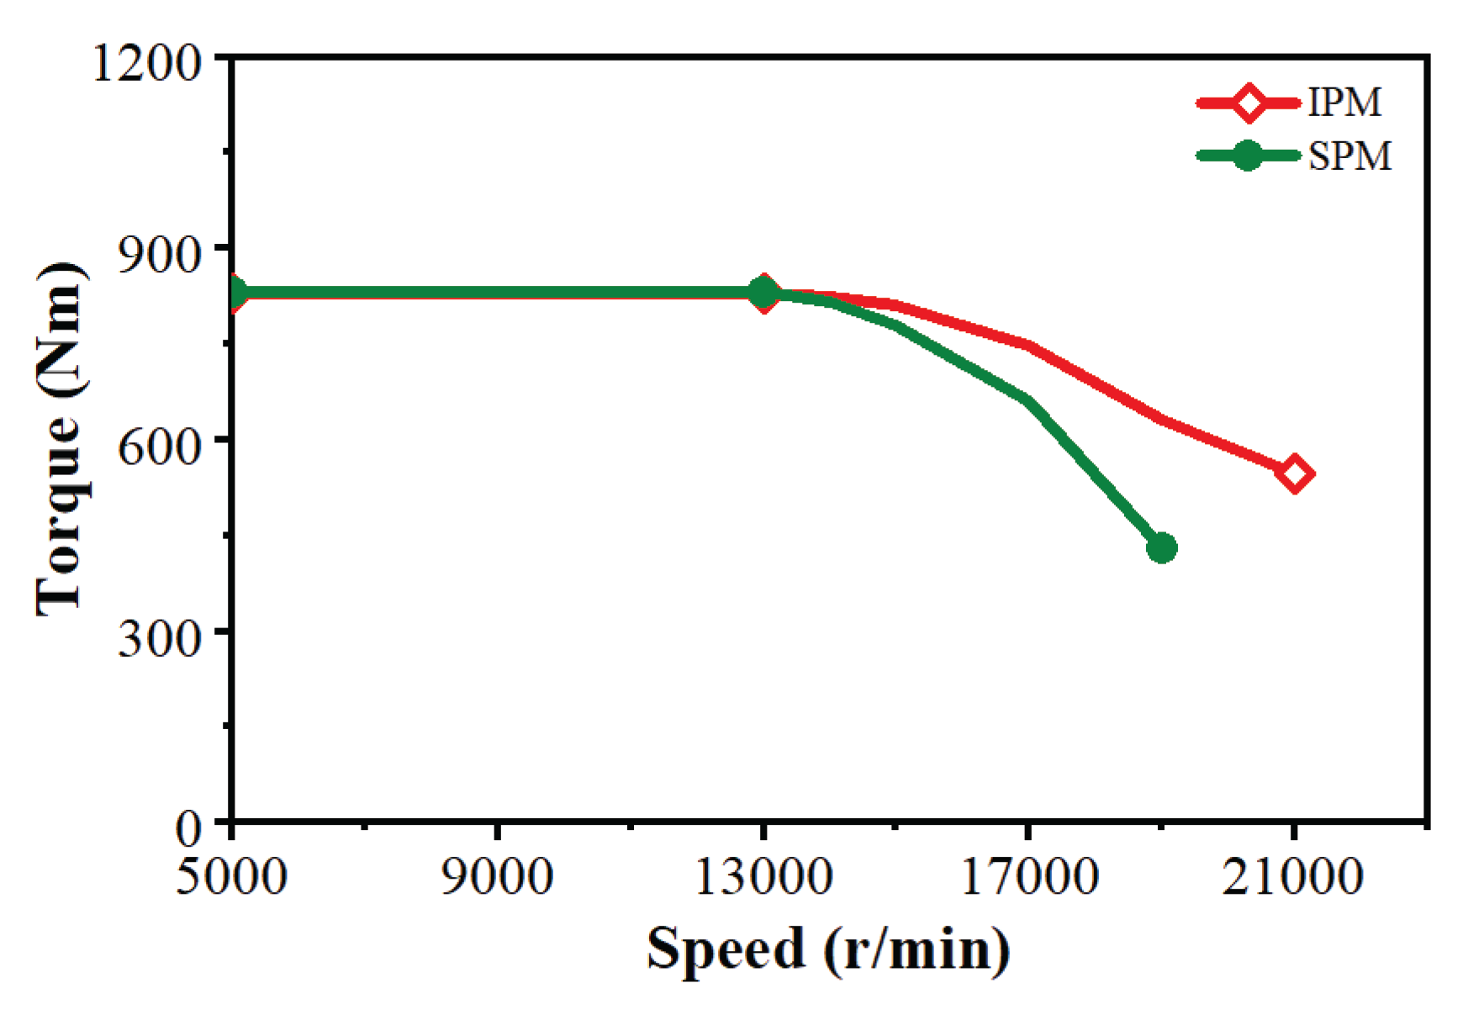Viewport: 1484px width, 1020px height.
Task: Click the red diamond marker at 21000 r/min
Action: pos(1294,474)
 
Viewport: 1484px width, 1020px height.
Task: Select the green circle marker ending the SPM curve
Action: pos(1161,548)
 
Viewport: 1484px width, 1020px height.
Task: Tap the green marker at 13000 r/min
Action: pos(763,293)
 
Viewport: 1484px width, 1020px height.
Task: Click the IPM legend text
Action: pos(1344,103)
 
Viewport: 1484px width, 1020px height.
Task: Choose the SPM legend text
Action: pos(1349,156)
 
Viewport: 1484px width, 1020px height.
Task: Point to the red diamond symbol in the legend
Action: pos(1249,103)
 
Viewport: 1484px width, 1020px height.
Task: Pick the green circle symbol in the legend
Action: pos(1249,156)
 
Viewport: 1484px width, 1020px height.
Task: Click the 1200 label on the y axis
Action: pos(147,63)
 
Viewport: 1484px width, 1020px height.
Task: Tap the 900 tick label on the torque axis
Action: pos(160,254)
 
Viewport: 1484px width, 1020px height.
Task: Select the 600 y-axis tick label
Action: pos(160,446)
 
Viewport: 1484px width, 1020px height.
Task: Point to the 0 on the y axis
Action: pos(188,828)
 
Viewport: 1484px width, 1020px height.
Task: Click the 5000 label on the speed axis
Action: pos(231,876)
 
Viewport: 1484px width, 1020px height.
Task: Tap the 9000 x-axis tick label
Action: pos(497,876)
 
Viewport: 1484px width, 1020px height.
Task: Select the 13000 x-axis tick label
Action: pos(763,876)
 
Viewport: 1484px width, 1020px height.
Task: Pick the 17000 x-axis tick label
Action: pos(1028,876)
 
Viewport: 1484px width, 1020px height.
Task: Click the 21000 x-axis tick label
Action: pos(1292,876)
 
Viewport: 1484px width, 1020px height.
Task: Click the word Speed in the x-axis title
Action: pos(725,949)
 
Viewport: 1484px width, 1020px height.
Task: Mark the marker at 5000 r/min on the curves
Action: pos(235,293)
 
